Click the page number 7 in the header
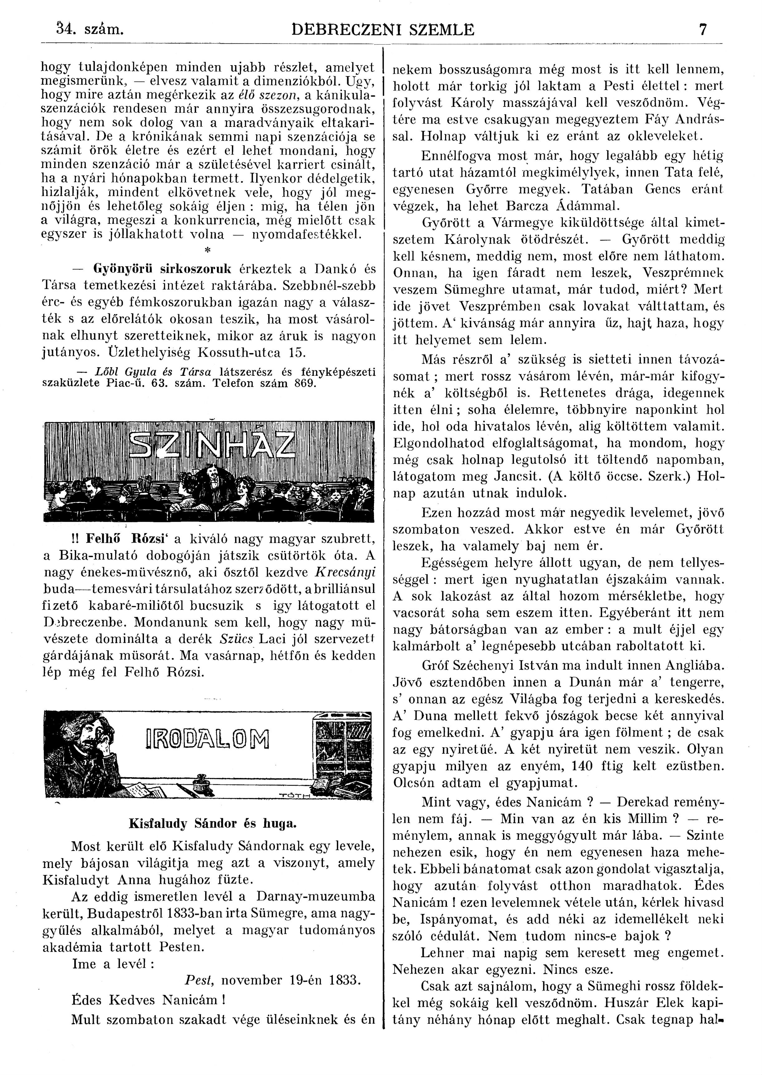click(702, 30)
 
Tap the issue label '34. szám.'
click(89, 30)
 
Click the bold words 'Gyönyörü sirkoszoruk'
click(163, 269)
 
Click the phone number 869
click(305, 382)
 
